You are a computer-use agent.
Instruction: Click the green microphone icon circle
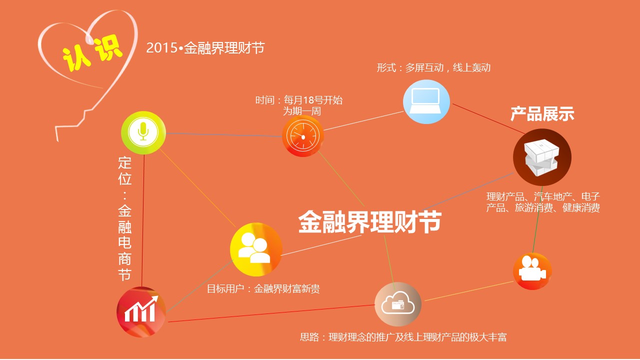tap(143, 133)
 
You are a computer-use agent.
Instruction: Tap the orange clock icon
tap(303, 136)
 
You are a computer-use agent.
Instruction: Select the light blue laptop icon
tap(426, 101)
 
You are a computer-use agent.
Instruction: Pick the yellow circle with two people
tap(256, 249)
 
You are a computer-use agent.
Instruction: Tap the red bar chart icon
tap(141, 312)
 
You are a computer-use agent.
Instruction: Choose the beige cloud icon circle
tap(398, 304)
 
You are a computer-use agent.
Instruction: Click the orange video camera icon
tap(532, 271)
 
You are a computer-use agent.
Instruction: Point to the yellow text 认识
tap(92, 53)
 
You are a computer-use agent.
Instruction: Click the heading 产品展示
tap(542, 113)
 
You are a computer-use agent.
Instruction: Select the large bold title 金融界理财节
tap(369, 221)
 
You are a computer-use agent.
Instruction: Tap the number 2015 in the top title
tap(161, 47)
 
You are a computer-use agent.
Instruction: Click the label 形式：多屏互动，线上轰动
tap(433, 67)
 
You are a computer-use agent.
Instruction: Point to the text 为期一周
tap(302, 111)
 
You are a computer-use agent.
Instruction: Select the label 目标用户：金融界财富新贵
tap(263, 289)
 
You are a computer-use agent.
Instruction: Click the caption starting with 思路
tap(403, 337)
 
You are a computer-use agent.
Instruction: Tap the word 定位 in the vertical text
tap(125, 171)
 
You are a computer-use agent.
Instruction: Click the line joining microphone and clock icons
tap(224, 135)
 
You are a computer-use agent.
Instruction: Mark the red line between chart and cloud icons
tap(271, 313)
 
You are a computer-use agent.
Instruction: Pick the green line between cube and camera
tap(537, 219)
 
